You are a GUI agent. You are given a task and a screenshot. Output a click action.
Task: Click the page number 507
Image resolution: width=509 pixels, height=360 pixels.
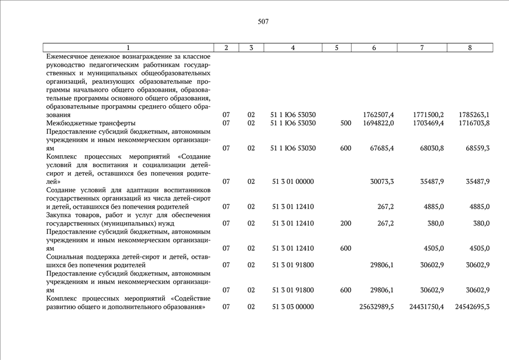263,22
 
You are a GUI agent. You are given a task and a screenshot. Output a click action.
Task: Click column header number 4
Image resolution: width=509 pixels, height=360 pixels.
292,48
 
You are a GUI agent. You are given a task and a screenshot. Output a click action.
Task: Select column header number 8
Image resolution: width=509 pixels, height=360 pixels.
470,48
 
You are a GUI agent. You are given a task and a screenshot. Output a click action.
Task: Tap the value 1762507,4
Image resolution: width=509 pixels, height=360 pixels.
379,115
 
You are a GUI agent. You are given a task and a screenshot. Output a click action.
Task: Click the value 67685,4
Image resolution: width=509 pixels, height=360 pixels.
382,148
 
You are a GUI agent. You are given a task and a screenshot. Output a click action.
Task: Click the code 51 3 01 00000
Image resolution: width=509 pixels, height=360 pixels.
292,182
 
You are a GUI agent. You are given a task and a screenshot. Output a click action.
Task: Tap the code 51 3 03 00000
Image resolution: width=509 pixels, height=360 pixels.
292,307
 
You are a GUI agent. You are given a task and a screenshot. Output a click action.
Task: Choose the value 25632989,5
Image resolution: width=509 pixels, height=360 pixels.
376,307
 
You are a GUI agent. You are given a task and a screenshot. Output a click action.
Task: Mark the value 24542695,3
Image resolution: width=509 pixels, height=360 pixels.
472,307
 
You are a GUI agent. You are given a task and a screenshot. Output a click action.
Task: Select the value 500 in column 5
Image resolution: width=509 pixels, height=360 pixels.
346,123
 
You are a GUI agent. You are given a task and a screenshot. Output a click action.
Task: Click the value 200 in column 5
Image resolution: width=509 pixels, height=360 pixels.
346,223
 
